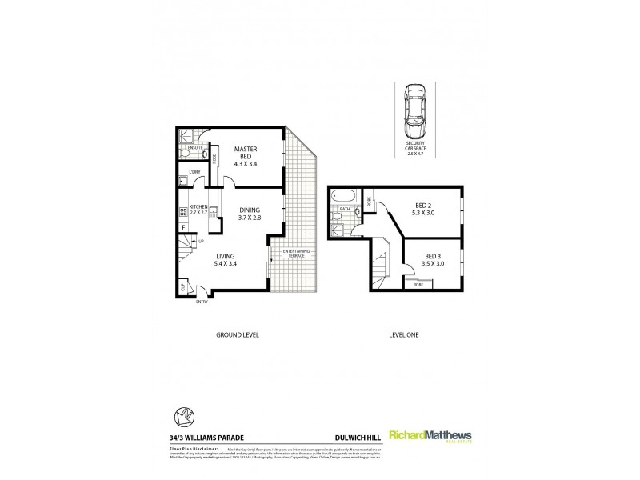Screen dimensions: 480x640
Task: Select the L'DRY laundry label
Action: (x=194, y=173)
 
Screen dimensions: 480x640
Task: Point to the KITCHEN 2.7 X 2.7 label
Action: (x=198, y=210)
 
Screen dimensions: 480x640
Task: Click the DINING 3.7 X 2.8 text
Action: (x=250, y=213)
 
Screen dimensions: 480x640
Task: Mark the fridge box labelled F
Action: (x=183, y=228)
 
